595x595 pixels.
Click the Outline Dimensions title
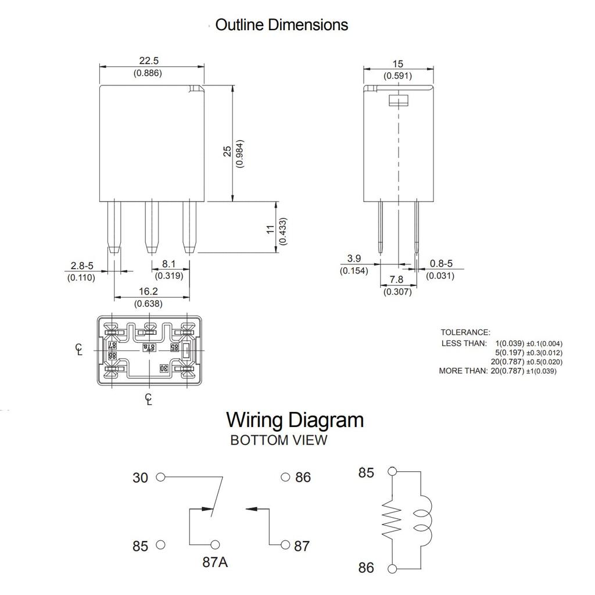[x=281, y=25]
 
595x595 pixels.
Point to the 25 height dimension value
[x=228, y=151]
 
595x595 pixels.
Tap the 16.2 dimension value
[x=149, y=291]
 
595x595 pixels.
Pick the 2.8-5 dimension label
[x=82, y=266]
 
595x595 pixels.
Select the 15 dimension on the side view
[x=397, y=64]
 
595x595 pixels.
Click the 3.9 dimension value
[x=354, y=258]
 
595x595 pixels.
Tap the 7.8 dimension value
[x=396, y=279]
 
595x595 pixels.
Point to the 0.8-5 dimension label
[x=441, y=264]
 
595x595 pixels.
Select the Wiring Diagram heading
[x=295, y=420]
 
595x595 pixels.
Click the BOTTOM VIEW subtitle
[x=278, y=440]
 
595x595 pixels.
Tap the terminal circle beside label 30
[x=161, y=477]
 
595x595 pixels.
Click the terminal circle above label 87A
[x=216, y=544]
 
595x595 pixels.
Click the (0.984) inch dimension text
[x=240, y=153]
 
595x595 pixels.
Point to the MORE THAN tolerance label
[x=463, y=371]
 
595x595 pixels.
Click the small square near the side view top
[x=397, y=101]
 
